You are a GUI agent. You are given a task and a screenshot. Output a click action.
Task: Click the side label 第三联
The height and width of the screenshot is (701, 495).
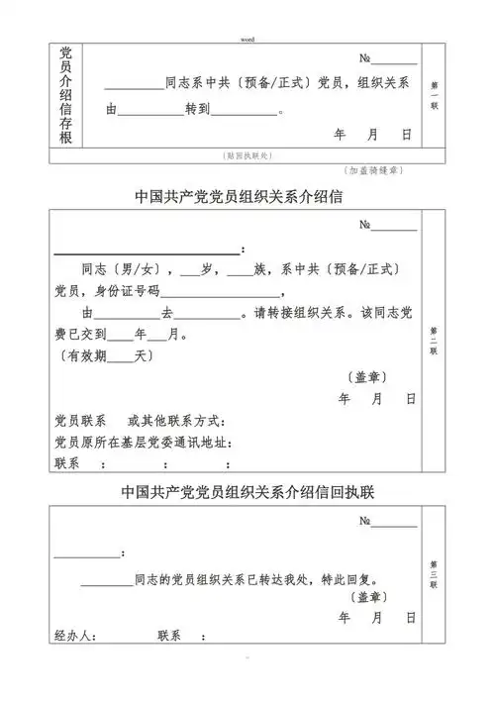[435, 573]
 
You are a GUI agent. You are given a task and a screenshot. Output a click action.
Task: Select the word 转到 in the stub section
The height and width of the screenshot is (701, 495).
[198, 110]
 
